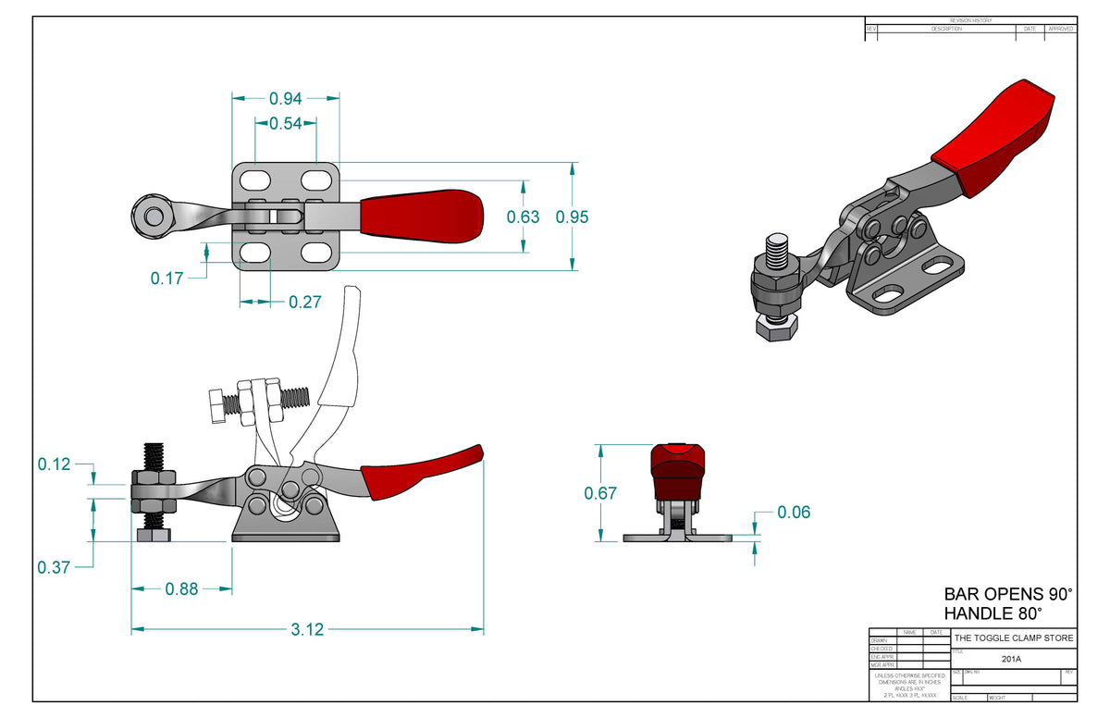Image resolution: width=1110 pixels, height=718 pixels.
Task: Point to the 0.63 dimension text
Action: click(524, 217)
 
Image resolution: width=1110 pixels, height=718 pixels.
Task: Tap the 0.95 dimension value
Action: click(572, 217)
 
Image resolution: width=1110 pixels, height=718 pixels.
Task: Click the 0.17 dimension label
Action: click(166, 278)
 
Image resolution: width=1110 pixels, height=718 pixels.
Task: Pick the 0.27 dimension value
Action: click(305, 302)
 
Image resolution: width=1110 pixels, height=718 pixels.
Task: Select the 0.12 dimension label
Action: click(54, 464)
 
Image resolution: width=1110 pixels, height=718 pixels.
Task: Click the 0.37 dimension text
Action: click(54, 567)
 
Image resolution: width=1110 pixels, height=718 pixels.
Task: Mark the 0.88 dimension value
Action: click(181, 588)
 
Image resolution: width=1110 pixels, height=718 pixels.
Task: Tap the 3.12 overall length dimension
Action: click(307, 629)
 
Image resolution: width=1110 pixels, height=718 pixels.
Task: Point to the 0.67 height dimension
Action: click(600, 494)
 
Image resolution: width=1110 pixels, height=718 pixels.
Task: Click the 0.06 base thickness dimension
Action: click(794, 512)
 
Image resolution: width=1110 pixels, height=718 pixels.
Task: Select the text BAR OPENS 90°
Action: click(1007, 594)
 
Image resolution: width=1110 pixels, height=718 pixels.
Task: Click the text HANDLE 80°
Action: click(993, 613)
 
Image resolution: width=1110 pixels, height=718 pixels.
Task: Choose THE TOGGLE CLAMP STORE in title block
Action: click(1014, 638)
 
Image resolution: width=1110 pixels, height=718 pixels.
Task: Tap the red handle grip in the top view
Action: click(421, 217)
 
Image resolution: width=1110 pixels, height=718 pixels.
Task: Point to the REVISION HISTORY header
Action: click(970, 20)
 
